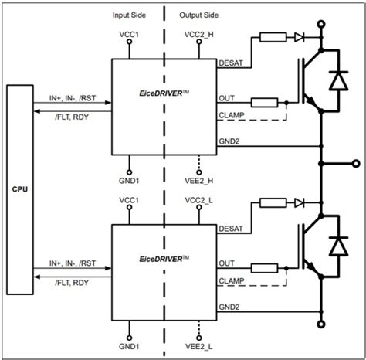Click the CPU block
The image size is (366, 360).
tap(21, 188)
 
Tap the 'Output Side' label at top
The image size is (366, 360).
tap(200, 15)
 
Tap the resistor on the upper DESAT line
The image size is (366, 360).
tap(271, 37)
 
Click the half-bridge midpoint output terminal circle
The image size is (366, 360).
tap(354, 164)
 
